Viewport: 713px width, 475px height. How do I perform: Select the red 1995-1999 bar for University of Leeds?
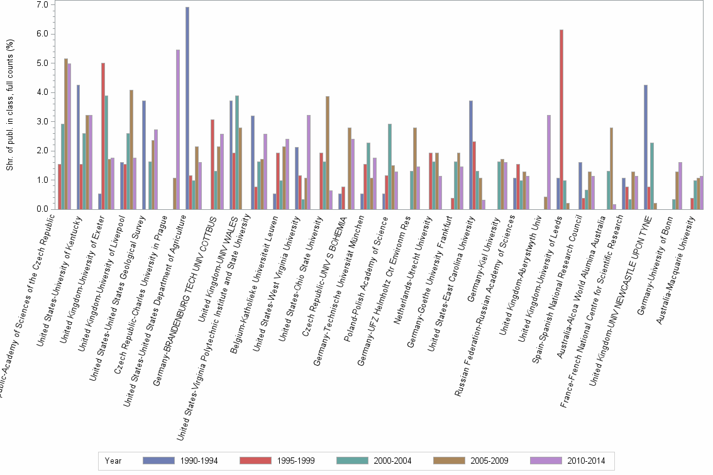tap(561, 119)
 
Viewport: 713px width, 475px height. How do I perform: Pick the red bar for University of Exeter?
tap(102, 136)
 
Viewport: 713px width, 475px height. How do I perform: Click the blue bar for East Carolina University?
tap(471, 155)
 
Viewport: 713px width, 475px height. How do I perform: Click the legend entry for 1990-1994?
tap(180, 461)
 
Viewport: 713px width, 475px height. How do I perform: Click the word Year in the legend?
tap(113, 461)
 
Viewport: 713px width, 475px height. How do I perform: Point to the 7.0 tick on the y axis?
tap(43, 5)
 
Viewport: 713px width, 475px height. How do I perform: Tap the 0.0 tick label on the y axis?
tap(43, 209)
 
